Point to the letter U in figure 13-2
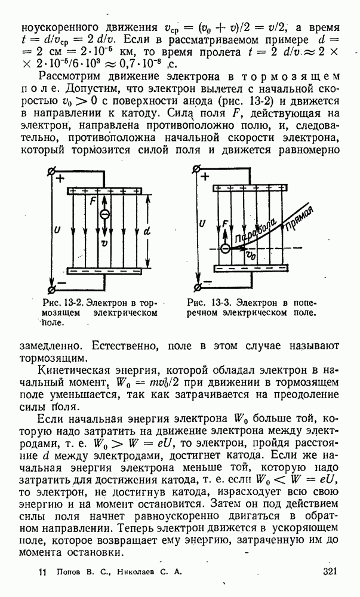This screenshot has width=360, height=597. [56, 229]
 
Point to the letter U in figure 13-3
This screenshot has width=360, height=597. [204, 223]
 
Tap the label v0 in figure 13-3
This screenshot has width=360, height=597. [251, 256]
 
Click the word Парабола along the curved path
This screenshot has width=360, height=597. [259, 232]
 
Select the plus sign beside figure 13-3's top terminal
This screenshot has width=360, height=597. [205, 177]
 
